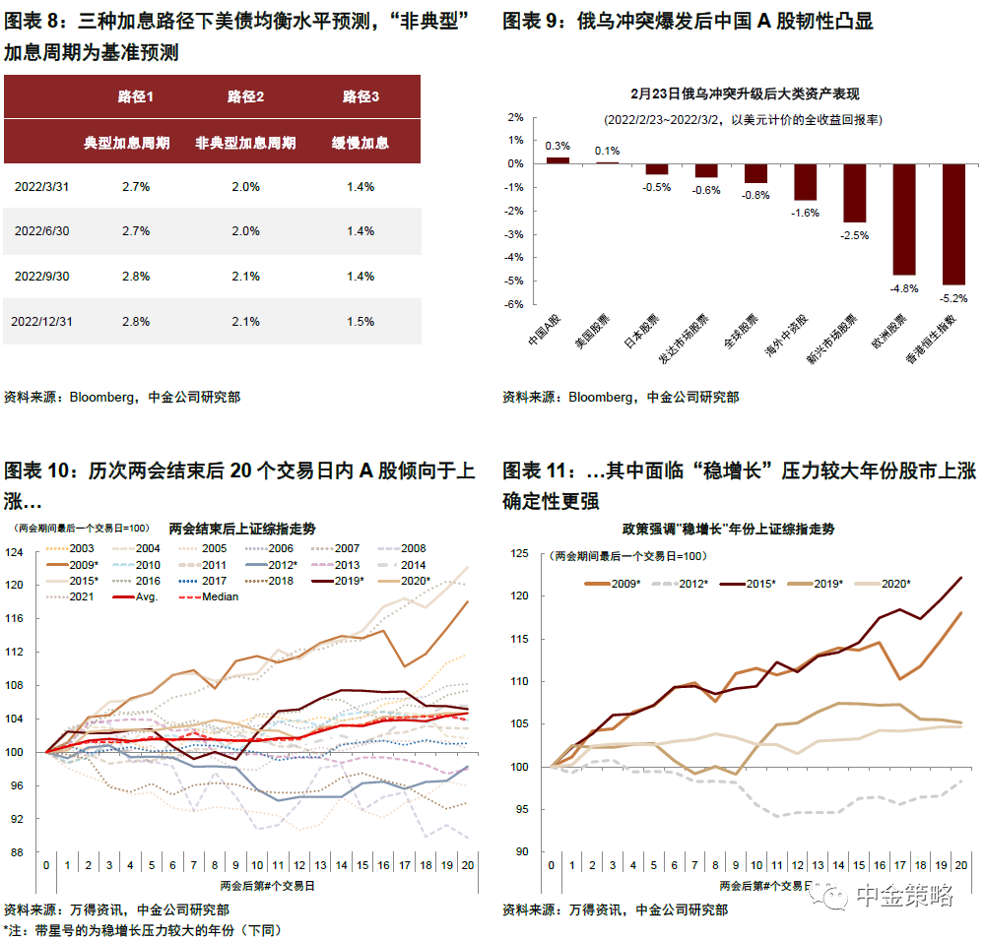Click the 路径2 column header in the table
[x=246, y=96]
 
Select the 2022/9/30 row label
[x=42, y=277]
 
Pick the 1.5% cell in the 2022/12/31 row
[x=361, y=322]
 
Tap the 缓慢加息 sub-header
[x=361, y=143]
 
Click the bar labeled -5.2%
[x=953, y=224]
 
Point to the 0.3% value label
[x=558, y=146]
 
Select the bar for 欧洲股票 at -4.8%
[x=904, y=219]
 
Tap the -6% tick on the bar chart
[x=515, y=305]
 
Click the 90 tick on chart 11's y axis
[x=524, y=852]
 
